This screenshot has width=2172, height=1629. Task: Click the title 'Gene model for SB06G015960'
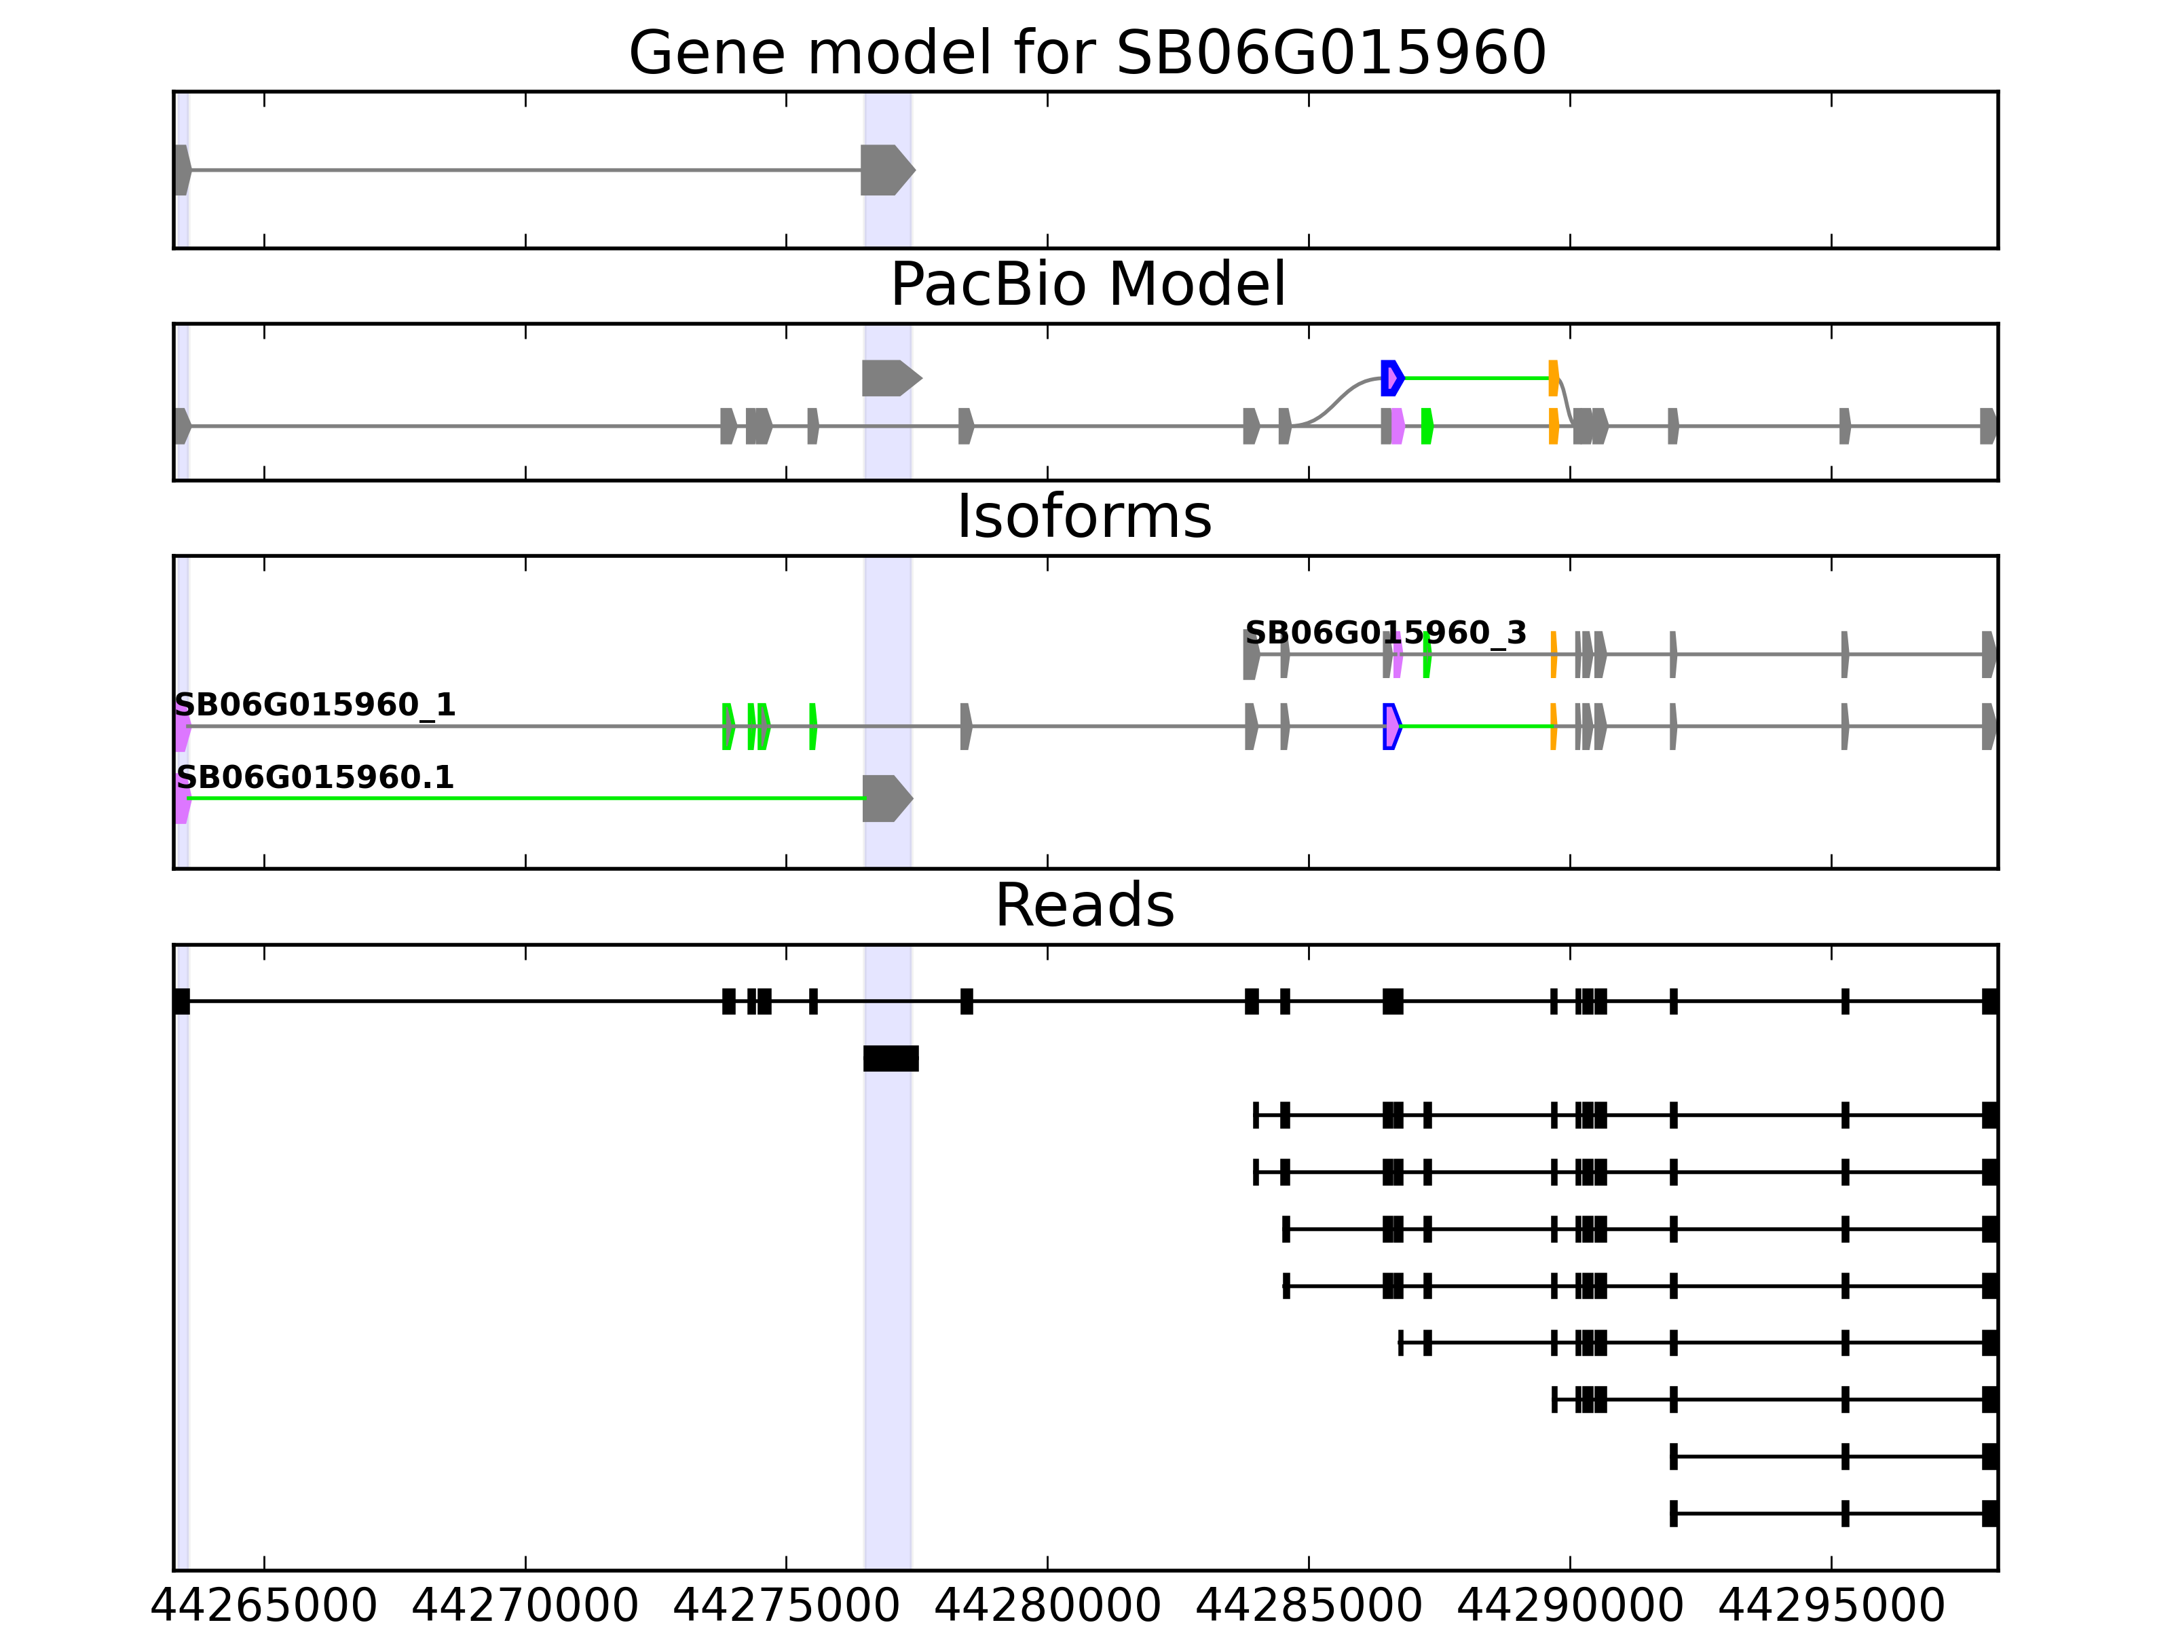[x=1086, y=53]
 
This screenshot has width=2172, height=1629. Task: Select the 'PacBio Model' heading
[x=1086, y=285]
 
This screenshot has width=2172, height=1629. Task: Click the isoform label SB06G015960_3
[x=1385, y=633]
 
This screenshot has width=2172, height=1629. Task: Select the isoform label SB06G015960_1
[x=315, y=705]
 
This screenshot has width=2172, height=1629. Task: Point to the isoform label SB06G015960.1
[x=315, y=778]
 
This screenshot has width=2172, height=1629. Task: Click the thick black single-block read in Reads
[x=891, y=1058]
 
